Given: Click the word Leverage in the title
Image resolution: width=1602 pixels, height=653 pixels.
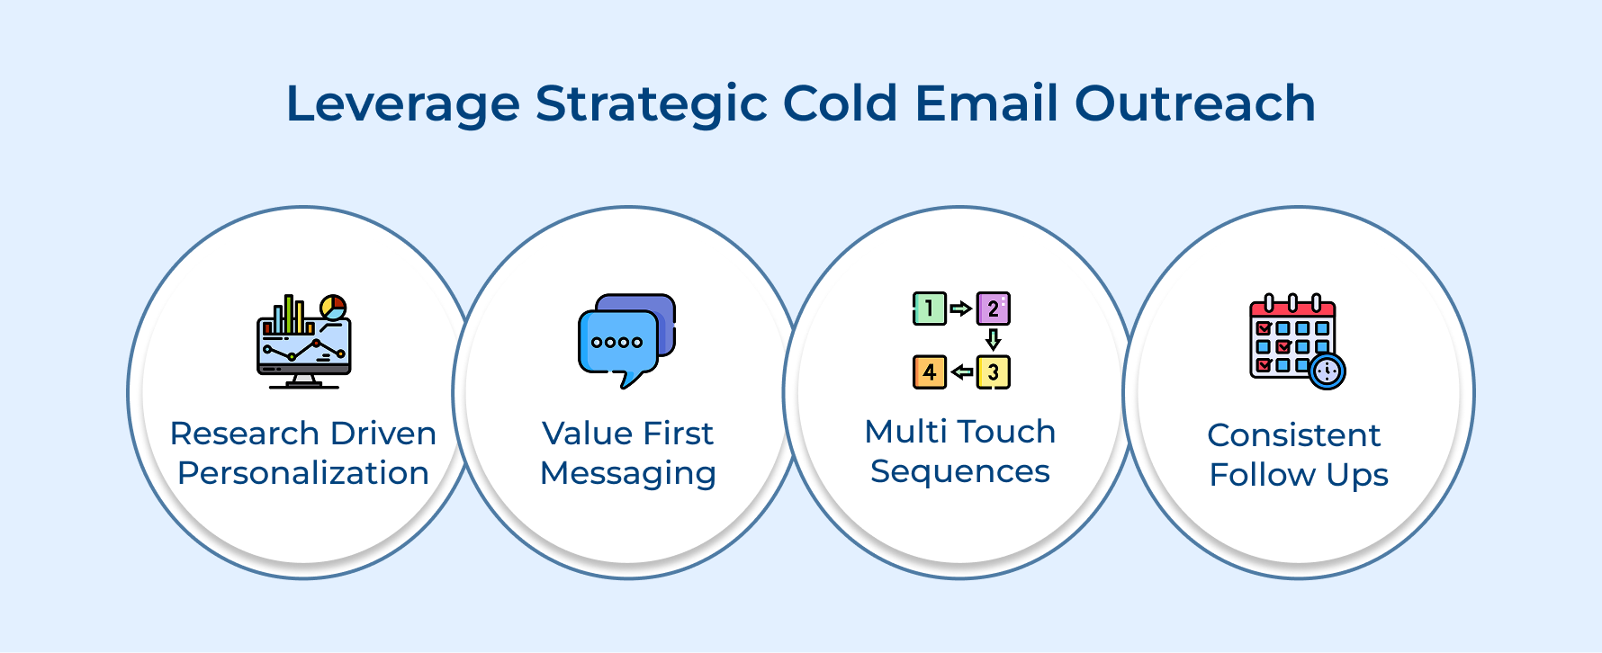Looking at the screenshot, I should point(402,104).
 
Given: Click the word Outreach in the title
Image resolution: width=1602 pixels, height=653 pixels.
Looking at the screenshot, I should point(1194,103).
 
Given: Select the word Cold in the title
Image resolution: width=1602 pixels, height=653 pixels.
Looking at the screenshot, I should point(840,103).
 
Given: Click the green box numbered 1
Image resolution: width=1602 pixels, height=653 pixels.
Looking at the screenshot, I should point(929,309).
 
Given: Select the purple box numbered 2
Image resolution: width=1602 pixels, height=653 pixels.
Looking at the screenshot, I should point(993,309).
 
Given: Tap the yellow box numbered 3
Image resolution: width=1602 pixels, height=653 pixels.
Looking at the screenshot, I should point(993,371).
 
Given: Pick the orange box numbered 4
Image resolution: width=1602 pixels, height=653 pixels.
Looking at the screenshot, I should point(929,371).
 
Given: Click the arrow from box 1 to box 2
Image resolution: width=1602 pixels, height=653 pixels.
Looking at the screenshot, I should point(961,309).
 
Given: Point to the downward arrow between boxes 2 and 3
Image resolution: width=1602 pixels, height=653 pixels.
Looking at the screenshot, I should point(993,339).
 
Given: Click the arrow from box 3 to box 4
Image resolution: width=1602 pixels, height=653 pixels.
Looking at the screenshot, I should point(961,371).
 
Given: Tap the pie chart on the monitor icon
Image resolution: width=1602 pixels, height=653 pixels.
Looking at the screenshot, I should point(333,307).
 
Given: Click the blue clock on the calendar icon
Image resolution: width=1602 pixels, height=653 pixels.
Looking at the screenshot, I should point(1327,371).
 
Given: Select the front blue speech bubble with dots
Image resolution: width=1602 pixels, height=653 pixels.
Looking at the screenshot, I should point(617,343).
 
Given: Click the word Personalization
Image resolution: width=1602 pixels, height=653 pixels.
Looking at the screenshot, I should point(303,473).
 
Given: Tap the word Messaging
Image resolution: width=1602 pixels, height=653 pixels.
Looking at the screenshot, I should point(627,474).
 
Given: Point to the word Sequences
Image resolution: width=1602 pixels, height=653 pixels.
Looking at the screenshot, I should point(959,471).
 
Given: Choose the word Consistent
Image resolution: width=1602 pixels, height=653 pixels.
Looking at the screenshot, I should point(1293,435).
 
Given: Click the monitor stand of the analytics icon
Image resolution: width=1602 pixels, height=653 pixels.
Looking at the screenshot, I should point(303,381).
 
